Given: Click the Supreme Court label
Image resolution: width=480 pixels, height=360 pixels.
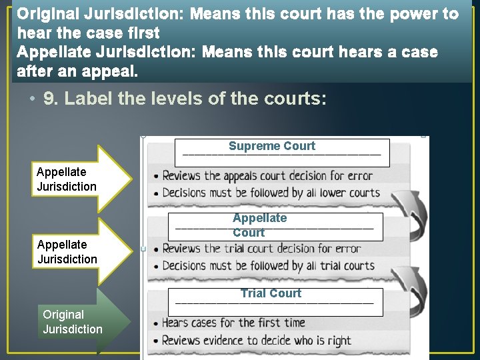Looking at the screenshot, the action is (x=272, y=147).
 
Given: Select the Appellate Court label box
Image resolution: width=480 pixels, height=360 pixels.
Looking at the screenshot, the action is (x=260, y=225).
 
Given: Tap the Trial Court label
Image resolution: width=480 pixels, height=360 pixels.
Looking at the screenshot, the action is (x=271, y=293).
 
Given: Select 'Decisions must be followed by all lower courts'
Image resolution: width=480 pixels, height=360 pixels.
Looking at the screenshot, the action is (x=271, y=193).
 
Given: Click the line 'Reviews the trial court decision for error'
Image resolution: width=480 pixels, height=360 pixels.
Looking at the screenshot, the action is (x=261, y=249).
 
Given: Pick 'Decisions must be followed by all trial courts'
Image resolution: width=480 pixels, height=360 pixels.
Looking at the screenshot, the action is (x=268, y=266).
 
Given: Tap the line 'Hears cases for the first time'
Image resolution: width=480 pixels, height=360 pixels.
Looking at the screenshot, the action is (x=233, y=323).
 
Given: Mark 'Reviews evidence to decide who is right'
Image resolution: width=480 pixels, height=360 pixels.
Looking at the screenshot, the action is (x=256, y=340).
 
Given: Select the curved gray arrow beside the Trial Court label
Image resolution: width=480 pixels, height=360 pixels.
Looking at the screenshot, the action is (x=409, y=283).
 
